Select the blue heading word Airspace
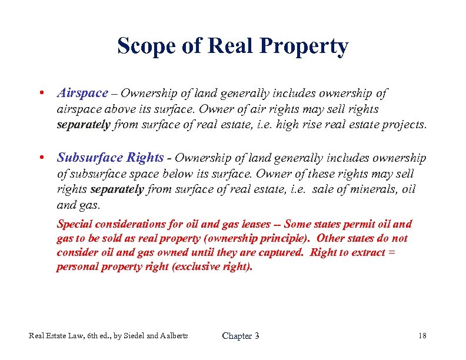(82, 93)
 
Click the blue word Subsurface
(89, 158)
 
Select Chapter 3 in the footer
(240, 336)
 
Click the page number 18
(422, 336)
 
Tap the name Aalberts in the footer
(171, 336)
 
